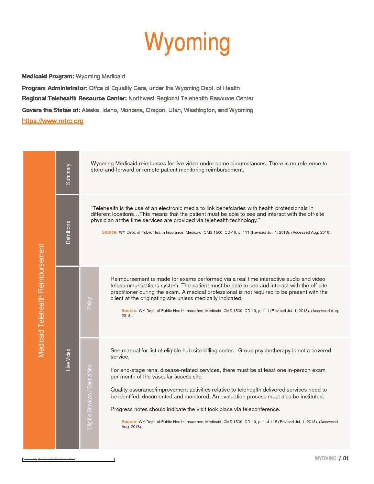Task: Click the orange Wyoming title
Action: tap(187, 43)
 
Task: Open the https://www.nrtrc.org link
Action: tap(53, 121)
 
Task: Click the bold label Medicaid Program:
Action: tap(48, 77)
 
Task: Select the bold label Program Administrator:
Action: tap(55, 88)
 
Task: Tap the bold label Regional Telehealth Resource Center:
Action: tap(74, 99)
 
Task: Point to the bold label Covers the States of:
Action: tap(51, 110)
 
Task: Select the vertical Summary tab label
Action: tap(68, 174)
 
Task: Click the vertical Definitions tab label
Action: tap(68, 232)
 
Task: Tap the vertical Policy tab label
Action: tap(89, 303)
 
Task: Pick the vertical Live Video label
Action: tap(68, 360)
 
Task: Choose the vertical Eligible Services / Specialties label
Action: tap(89, 397)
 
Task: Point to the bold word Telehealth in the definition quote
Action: tap(106, 208)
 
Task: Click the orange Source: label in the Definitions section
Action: tap(109, 232)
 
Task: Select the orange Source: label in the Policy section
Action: tap(129, 311)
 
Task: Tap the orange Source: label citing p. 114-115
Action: tap(129, 422)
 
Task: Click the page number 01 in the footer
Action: tap(345, 459)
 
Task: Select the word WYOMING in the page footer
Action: tap(325, 459)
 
